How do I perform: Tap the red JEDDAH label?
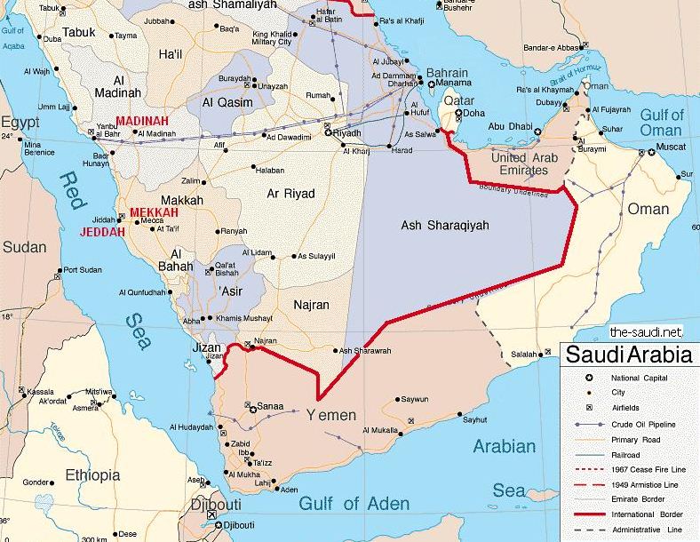coord(104,232)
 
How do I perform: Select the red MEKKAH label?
coord(154,213)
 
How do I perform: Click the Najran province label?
coord(310,305)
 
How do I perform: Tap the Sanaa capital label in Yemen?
coord(270,407)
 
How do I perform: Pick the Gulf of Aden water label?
coord(353,504)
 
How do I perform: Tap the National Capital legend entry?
coord(639,378)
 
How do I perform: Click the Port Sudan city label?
coord(84,270)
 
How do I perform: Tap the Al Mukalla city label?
coord(385,431)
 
